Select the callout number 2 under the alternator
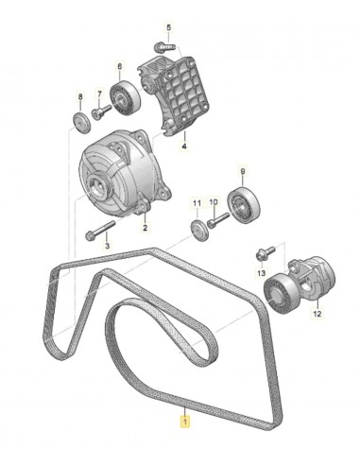(x=145, y=228)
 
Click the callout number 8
(x=80, y=96)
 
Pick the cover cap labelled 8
(x=80, y=121)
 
